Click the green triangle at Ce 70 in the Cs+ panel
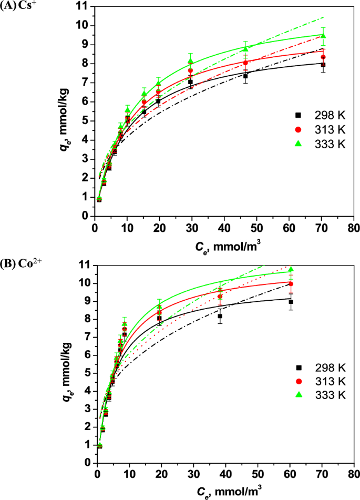pos(323,36)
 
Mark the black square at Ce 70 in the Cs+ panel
pos(323,65)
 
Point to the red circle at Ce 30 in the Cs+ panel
pos(191,70)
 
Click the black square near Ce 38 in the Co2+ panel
pos(220,316)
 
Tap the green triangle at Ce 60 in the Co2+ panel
pos(291,269)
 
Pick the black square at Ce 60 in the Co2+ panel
pos(291,302)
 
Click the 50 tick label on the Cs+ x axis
pos(256,227)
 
